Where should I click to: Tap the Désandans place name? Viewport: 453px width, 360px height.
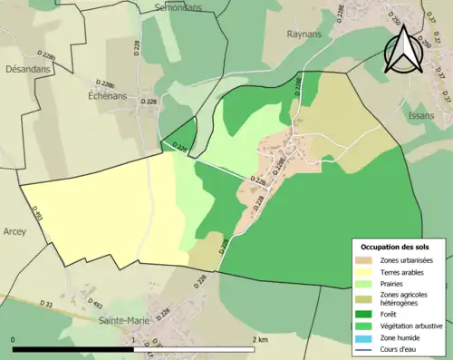(x=27, y=68)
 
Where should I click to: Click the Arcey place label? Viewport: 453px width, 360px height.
(x=14, y=231)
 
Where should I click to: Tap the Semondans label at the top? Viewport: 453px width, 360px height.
(x=178, y=6)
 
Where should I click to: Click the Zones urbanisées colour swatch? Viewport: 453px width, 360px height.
(x=366, y=261)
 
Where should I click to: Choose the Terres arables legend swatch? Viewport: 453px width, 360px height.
(x=366, y=271)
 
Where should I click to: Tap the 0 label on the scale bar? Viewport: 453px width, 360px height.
(x=13, y=340)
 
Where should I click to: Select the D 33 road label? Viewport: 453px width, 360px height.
(x=46, y=304)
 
